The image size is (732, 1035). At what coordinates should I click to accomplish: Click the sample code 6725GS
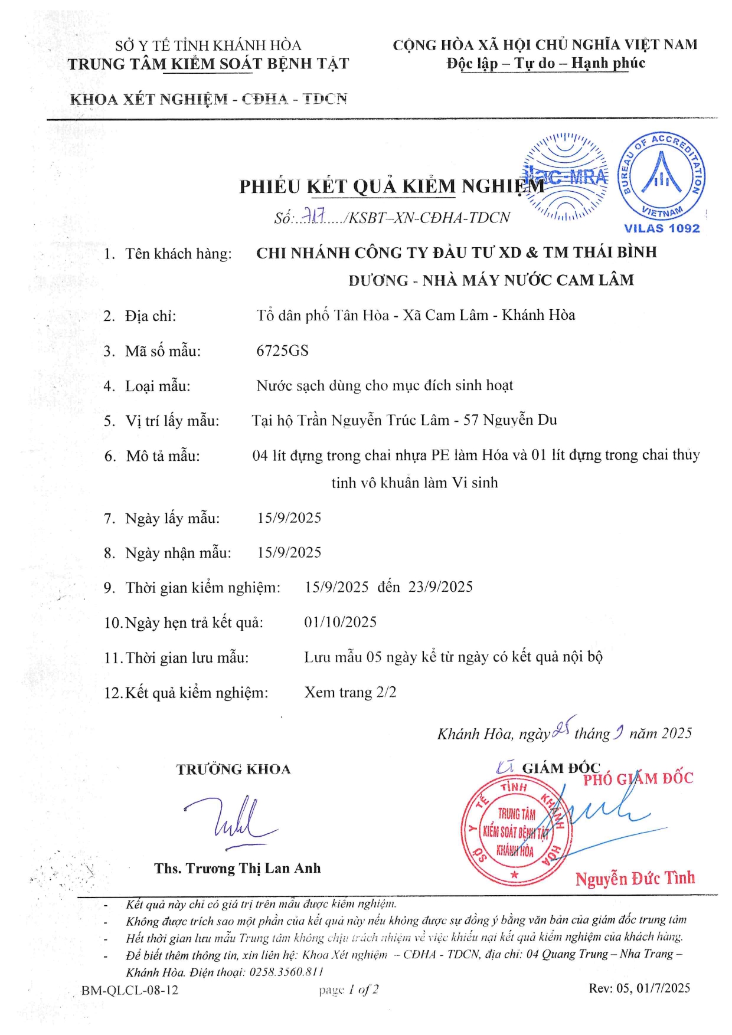[x=282, y=351]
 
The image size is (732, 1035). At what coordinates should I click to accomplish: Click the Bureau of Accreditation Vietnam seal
[x=661, y=176]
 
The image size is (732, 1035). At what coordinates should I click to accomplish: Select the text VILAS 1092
[x=662, y=228]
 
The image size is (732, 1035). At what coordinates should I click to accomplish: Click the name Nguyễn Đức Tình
[x=635, y=878]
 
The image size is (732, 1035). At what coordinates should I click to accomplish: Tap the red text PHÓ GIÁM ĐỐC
[x=638, y=779]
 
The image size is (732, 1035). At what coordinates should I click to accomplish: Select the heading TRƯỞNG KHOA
[x=233, y=769]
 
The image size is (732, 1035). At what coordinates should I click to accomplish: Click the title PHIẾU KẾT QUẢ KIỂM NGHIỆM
[x=391, y=186]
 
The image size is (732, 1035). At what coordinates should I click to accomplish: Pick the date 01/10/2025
[x=341, y=622]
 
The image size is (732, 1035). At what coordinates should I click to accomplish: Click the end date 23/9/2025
[x=440, y=587]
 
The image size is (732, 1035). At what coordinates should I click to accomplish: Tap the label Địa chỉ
[x=151, y=316]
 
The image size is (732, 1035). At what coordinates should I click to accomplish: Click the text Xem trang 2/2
[x=350, y=692]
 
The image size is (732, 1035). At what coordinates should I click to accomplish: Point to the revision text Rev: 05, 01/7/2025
[x=639, y=988]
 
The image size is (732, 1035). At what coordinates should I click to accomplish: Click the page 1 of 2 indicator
[x=349, y=990]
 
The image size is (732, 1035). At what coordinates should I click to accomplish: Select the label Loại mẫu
[x=158, y=386]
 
